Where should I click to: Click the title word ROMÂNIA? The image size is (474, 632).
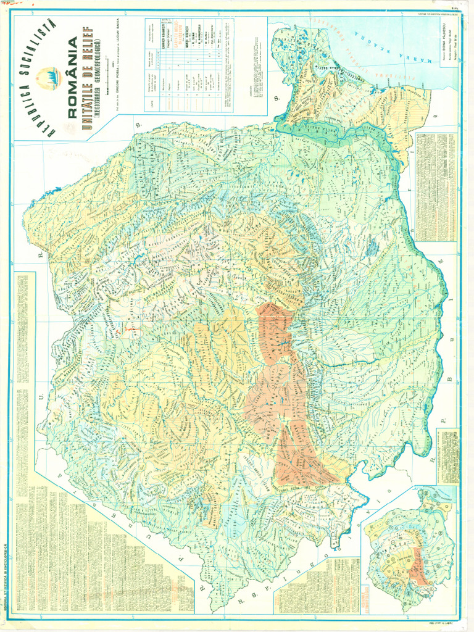coord(73,77)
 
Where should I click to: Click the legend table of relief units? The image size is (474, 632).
coord(189,65)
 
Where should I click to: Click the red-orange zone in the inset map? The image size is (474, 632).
coord(418,565)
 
